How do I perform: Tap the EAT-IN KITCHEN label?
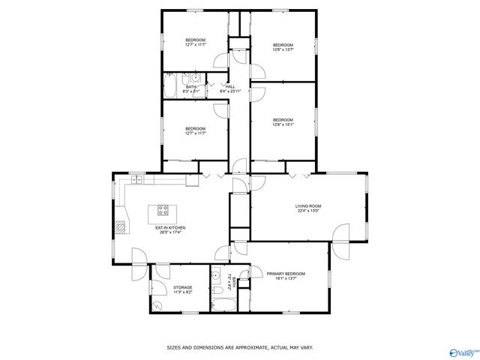coord(170,227)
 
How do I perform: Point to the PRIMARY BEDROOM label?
coord(286,274)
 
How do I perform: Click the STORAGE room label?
coord(182,287)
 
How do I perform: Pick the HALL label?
coord(230,86)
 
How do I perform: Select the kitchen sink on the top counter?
coord(137,180)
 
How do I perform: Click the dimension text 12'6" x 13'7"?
coord(283,50)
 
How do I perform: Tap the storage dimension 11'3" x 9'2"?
coord(182,292)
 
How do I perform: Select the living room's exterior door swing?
coord(341,233)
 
